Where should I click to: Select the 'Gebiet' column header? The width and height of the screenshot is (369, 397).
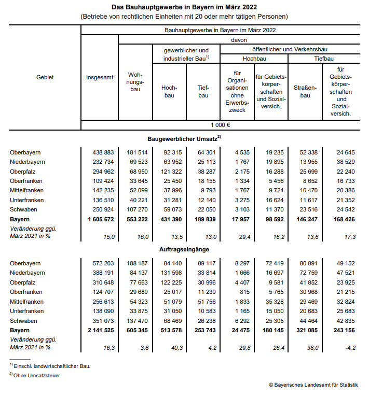[x=45, y=77]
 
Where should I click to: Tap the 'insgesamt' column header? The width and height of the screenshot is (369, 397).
[x=100, y=77]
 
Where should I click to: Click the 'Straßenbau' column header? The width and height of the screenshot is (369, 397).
[x=305, y=92]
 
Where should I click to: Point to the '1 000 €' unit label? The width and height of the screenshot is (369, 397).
[x=221, y=125]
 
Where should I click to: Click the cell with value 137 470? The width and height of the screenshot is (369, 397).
[x=136, y=321]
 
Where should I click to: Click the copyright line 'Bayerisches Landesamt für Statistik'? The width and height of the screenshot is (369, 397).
[x=313, y=385]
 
